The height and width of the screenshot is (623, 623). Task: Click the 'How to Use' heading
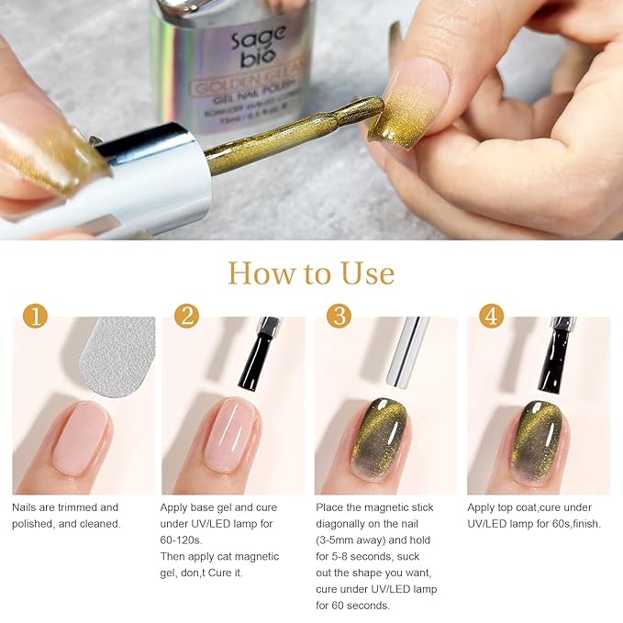tap(311, 273)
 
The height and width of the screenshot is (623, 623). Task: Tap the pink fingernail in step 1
tap(80, 438)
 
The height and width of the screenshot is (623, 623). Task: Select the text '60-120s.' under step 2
tap(186, 540)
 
